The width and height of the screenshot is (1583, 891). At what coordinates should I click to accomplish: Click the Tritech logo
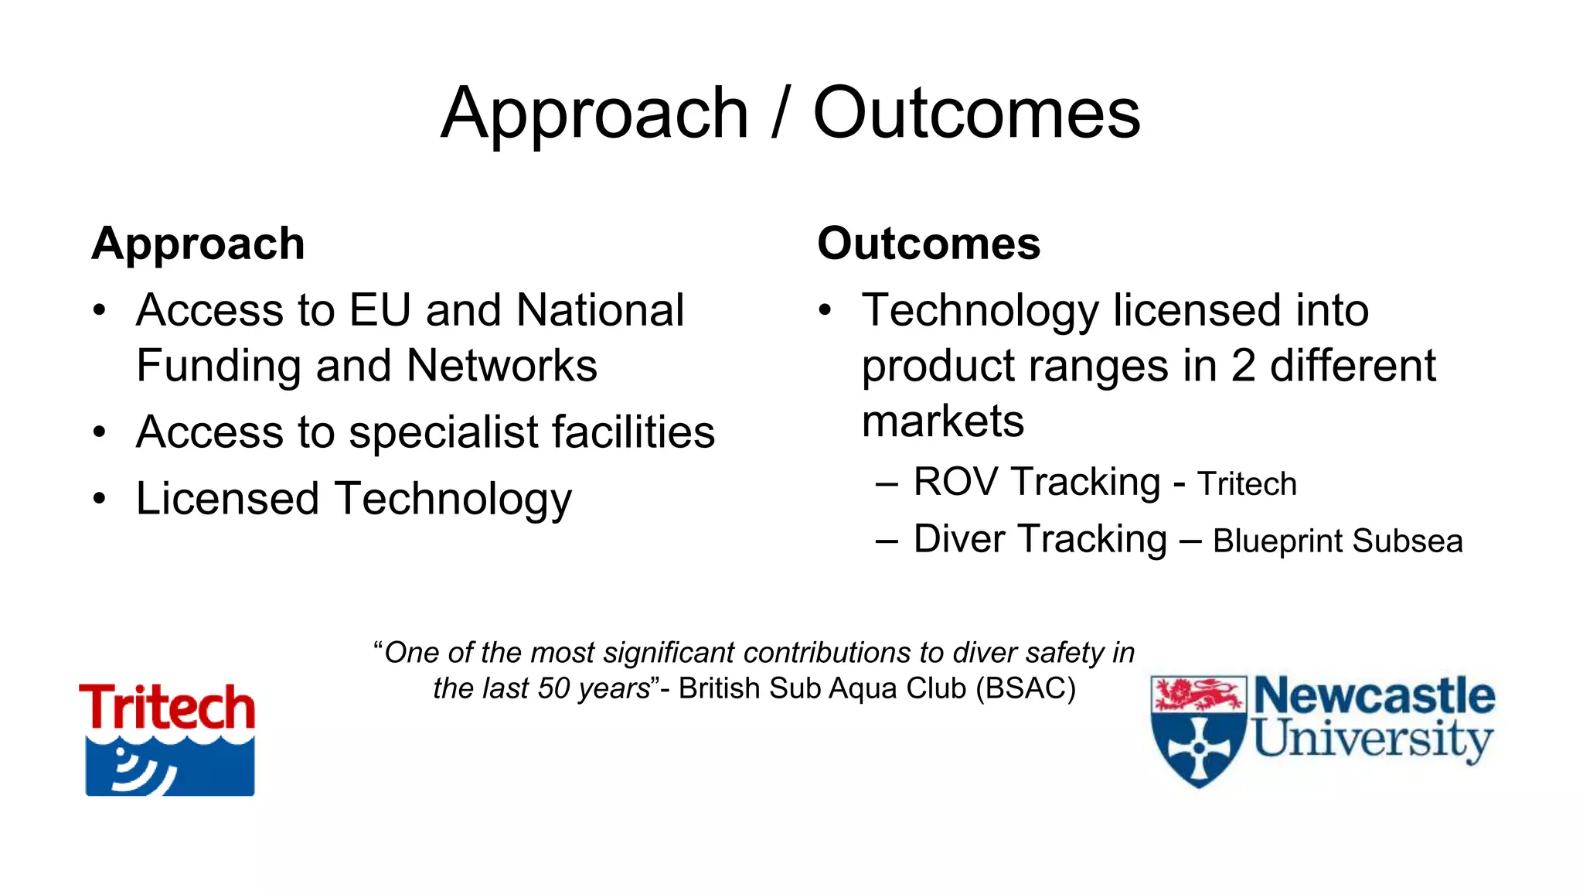pos(167,738)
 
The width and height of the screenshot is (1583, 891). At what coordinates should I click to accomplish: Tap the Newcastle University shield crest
pos(1198,731)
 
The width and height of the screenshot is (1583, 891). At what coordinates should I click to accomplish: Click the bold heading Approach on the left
pos(198,244)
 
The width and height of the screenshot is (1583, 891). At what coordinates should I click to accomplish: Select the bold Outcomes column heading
pos(928,244)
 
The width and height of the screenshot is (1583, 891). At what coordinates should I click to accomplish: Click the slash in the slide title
pos(781,114)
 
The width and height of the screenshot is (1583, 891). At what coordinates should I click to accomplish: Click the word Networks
pos(502,366)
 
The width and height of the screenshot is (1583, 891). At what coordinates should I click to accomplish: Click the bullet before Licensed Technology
pos(99,499)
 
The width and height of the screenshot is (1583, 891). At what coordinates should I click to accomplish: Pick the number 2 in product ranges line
pos(1243,366)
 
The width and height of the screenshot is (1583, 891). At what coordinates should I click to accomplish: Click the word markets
pos(943,422)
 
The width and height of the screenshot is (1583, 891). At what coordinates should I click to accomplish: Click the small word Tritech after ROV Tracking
pos(1247,484)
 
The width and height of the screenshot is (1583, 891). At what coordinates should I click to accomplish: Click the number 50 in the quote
pos(553,688)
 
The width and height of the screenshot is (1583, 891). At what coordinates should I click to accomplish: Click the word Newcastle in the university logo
pos(1374,696)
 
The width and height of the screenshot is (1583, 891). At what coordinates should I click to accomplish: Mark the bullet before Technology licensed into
pos(826,311)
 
